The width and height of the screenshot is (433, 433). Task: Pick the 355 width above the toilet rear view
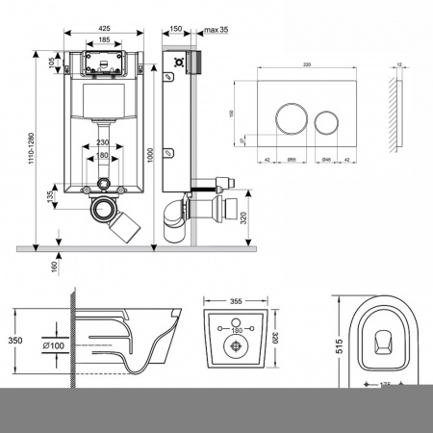(236, 300)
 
